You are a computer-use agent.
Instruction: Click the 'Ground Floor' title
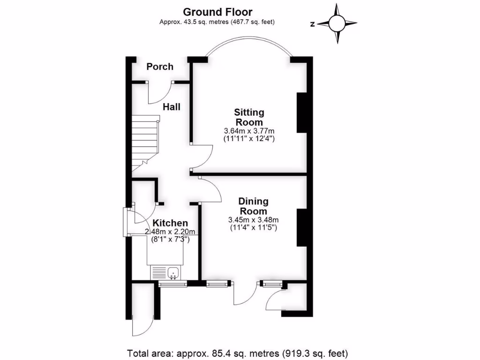point(217,12)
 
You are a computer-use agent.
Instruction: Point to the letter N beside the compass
point(312,24)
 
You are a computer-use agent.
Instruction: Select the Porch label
point(160,67)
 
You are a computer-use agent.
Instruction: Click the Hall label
point(172,107)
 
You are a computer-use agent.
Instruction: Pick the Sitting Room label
point(249,117)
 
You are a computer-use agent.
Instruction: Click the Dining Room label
point(253,206)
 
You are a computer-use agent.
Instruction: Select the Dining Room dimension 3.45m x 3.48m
point(253,220)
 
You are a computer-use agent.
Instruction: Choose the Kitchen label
point(171,223)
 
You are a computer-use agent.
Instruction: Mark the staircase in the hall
point(144,141)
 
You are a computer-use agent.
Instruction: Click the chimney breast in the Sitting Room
point(302,112)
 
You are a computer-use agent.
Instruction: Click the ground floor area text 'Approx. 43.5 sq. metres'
point(217,22)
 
